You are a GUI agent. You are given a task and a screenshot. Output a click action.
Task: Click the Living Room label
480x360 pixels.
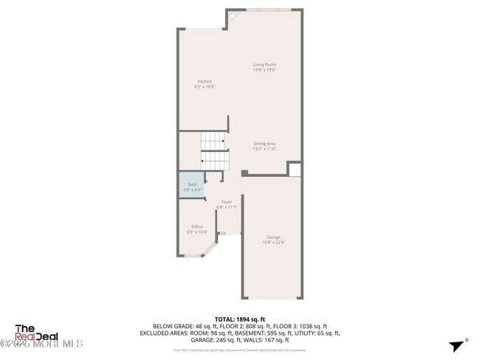click(x=264, y=65)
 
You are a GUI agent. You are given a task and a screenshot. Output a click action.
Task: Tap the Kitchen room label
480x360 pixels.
click(x=205, y=81)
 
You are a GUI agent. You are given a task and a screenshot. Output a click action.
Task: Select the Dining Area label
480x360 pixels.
click(x=264, y=144)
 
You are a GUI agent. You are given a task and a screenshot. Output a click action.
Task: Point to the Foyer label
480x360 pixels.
click(x=227, y=201)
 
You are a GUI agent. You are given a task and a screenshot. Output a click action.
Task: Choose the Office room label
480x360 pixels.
click(x=197, y=226)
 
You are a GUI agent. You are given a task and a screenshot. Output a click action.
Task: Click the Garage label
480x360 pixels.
click(x=273, y=237)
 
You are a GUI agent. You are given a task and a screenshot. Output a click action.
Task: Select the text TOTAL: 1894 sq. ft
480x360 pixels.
click(x=240, y=319)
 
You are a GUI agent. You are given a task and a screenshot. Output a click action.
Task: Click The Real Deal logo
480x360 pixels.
click(x=38, y=334)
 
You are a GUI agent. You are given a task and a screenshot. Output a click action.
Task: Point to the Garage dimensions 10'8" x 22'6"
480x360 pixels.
click(x=273, y=242)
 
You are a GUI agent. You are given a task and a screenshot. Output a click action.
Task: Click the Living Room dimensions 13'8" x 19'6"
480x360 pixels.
click(x=264, y=70)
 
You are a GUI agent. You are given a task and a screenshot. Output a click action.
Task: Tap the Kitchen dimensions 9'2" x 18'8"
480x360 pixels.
click(x=205, y=86)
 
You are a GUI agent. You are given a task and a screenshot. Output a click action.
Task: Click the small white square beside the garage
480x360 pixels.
click(x=295, y=170)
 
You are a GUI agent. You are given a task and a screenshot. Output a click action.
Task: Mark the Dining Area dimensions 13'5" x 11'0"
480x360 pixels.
click(x=264, y=149)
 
